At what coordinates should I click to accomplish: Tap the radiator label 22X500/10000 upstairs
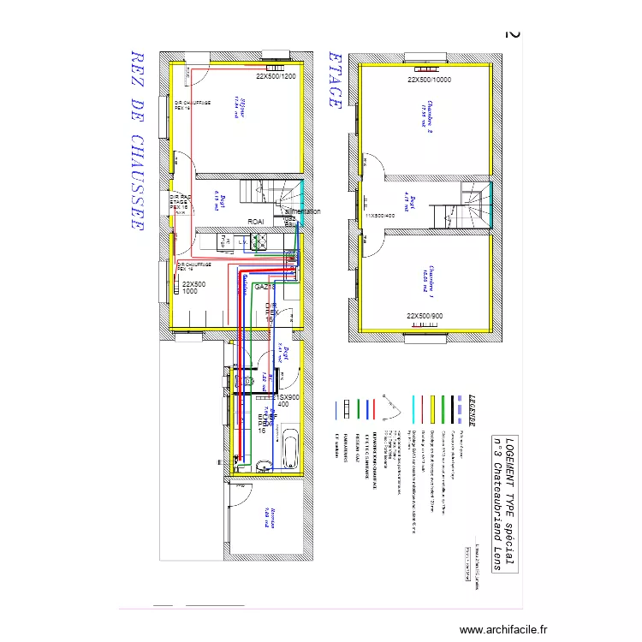point(429,80)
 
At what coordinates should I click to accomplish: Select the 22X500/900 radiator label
point(425,317)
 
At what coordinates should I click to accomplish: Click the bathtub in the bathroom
point(288,445)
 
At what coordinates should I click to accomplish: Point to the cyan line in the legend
point(414,410)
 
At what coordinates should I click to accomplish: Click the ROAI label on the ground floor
point(255,222)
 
